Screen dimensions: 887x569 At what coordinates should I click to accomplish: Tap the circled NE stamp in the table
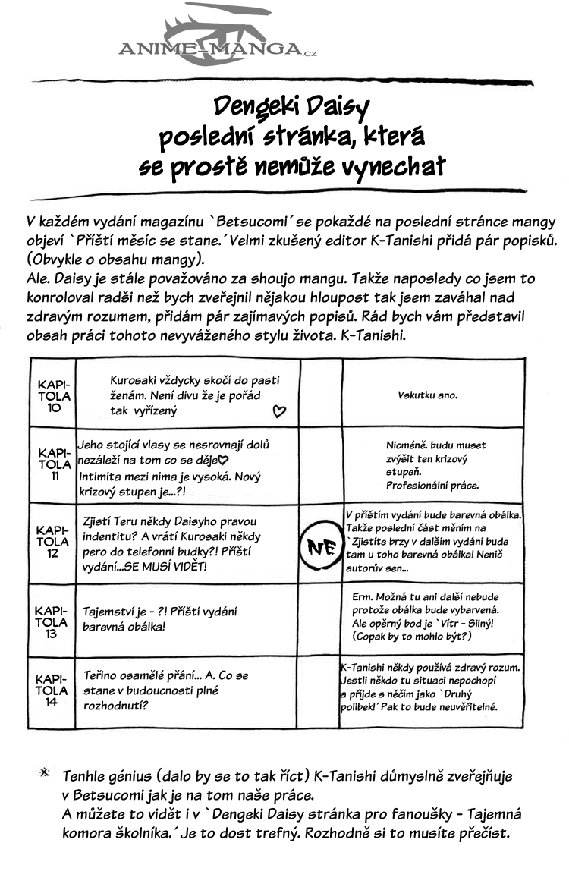[321, 546]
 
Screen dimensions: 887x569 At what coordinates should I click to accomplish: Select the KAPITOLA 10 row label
[54, 396]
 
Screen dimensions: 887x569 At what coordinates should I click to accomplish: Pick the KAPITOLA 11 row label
[54, 464]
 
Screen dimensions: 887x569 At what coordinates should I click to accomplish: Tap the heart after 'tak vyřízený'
[278, 412]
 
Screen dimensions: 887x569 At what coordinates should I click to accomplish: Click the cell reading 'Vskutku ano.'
[427, 395]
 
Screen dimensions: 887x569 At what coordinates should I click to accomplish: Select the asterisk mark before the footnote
[44, 772]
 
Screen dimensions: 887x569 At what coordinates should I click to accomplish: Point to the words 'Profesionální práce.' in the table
[432, 485]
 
